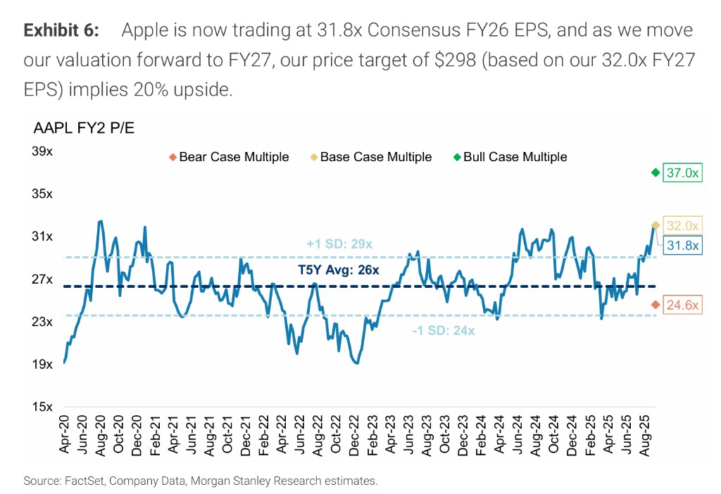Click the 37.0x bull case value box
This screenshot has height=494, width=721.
click(683, 173)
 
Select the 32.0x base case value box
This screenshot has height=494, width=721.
click(683, 226)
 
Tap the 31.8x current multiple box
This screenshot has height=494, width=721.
click(683, 246)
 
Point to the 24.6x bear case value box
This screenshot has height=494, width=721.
click(683, 305)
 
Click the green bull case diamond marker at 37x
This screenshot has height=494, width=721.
click(656, 172)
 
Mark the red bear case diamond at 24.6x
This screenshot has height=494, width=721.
click(656, 305)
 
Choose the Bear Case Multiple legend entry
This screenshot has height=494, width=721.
click(230, 157)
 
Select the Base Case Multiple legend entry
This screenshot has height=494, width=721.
click(371, 157)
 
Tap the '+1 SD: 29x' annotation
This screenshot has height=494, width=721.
click(339, 244)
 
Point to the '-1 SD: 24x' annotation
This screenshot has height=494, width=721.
click(444, 331)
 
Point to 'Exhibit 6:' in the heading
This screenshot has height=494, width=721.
click(61, 31)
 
